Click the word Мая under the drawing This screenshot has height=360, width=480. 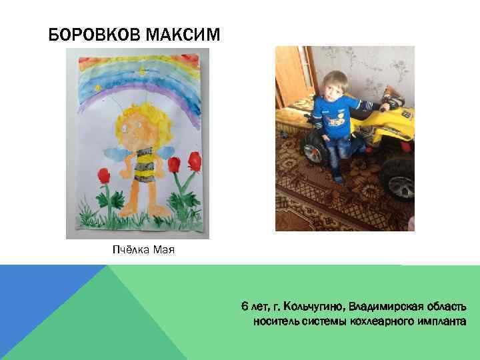coord(164,251)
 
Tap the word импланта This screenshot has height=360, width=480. coord(439,321)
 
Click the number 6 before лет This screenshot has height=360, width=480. coord(245,307)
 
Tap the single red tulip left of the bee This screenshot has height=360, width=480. coord(104,176)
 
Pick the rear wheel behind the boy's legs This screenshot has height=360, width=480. coord(313,143)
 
